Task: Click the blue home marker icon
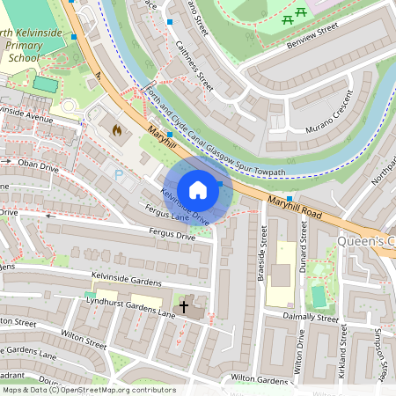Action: coord(198,190)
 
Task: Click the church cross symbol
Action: coord(185,307)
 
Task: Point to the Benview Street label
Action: coord(312,34)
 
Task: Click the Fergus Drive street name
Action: coord(172,236)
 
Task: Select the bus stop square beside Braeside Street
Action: coord(289,199)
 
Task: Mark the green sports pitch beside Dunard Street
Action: coord(319,296)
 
